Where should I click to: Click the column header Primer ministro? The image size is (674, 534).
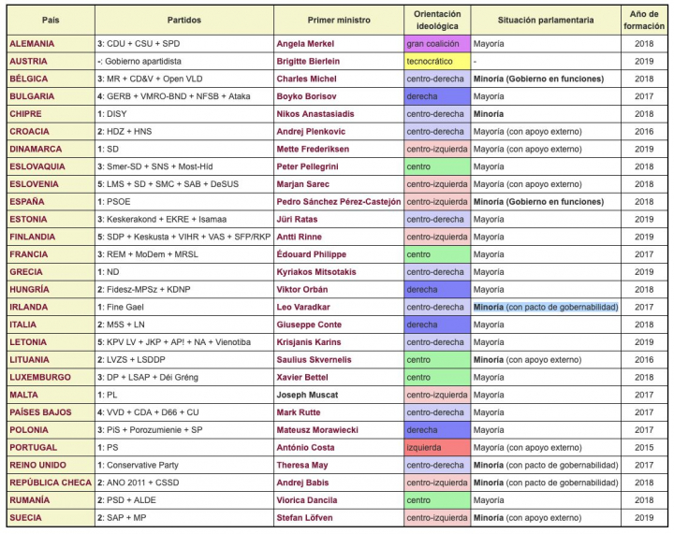tap(339, 20)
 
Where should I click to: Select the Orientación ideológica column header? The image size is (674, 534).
tap(436, 20)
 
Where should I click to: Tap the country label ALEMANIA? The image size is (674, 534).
tap(33, 43)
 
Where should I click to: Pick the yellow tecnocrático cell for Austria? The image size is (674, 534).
tap(435, 61)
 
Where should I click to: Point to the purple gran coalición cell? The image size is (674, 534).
tap(435, 43)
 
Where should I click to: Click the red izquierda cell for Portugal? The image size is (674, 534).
tap(435, 447)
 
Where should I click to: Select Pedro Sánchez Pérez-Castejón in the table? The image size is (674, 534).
tap(339, 201)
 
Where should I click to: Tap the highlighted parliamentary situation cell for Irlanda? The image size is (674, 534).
tap(546, 307)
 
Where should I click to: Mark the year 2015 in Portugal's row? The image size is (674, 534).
tap(645, 447)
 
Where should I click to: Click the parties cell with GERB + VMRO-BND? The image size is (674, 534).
tap(172, 96)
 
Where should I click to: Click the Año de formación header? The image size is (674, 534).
tap(644, 20)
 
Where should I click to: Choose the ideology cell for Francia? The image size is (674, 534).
tap(435, 253)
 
